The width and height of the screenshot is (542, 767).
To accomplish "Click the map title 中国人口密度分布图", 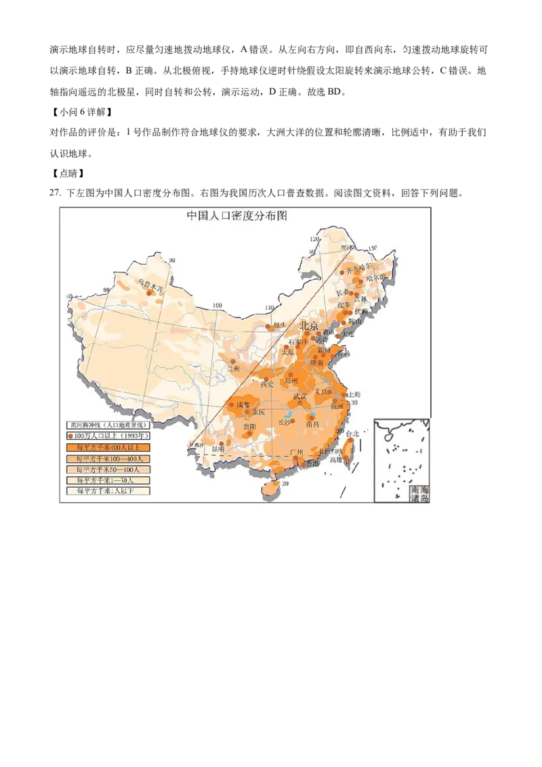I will [x=237, y=215].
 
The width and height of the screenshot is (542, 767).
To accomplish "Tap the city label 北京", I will [x=309, y=326].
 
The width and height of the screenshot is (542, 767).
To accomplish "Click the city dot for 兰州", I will [x=233, y=361].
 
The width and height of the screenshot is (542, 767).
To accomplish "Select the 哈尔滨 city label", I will [x=375, y=276].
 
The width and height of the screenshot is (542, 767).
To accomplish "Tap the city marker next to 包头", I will [x=269, y=327].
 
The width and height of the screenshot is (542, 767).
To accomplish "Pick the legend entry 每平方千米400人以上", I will [x=107, y=447].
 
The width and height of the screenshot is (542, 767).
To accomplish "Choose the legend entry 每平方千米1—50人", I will [x=107, y=480].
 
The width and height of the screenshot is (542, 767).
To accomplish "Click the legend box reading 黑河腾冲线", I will [x=107, y=425].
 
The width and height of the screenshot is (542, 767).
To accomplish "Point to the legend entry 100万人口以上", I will [x=107, y=436].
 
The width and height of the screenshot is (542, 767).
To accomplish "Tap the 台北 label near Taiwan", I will [x=352, y=434].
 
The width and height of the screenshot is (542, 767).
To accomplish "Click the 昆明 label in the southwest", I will [x=218, y=449].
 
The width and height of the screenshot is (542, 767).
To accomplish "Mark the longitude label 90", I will [x=172, y=261].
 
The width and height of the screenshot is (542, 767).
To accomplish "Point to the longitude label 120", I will [x=314, y=239].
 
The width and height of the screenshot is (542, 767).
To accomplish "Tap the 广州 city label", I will [x=296, y=452].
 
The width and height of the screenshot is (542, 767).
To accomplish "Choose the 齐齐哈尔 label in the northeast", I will [x=359, y=269].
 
